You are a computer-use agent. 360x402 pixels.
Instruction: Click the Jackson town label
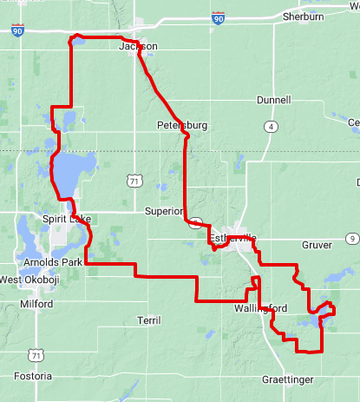138,46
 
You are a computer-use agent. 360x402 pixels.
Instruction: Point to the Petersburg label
182,125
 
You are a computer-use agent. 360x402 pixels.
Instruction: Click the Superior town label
164,211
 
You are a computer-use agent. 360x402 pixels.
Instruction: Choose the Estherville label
232,238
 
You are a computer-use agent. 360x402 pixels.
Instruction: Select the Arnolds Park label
53,261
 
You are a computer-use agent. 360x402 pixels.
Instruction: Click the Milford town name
36,304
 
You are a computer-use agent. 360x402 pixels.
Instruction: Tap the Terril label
149,320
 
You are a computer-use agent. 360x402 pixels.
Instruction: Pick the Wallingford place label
259,308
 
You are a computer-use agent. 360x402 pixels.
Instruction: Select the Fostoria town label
34,376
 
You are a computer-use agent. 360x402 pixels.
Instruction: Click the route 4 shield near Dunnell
272,127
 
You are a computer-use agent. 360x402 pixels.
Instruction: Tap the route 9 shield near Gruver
351,238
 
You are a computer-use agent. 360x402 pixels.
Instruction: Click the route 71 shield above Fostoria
35,355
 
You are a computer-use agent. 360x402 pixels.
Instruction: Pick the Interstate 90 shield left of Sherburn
218,17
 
